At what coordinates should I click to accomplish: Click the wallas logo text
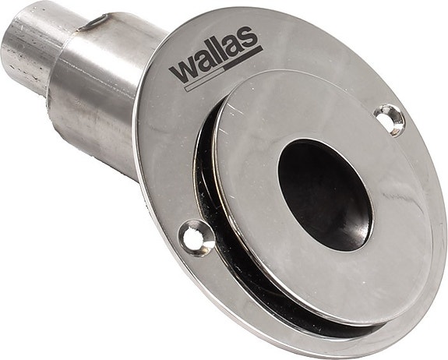216,62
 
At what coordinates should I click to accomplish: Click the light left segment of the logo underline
199,83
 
